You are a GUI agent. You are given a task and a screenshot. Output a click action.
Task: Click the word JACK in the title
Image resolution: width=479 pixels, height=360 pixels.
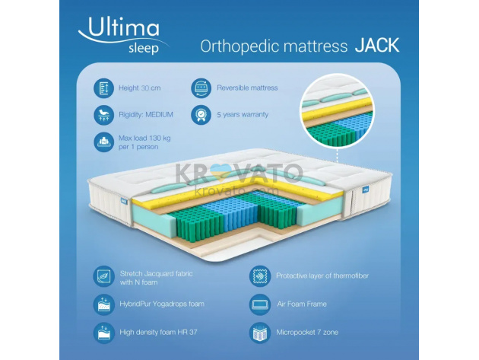tap(377, 46)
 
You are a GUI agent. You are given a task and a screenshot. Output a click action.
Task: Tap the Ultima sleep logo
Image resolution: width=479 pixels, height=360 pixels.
tap(122, 36)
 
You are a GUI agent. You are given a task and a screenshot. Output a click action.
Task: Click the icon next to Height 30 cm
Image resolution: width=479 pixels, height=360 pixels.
tap(104, 88)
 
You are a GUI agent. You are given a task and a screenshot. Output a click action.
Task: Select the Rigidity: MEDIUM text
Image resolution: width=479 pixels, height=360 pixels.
tap(146, 115)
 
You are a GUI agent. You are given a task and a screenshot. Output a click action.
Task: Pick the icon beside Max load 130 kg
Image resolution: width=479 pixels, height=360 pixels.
tap(104, 142)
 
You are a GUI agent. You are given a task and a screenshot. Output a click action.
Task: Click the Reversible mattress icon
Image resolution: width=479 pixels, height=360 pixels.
tap(201, 88)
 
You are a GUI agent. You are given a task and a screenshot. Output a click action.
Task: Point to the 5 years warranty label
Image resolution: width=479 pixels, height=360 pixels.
tap(243, 115)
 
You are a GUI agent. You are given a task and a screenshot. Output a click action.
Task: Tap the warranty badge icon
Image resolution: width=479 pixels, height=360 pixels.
tap(201, 115)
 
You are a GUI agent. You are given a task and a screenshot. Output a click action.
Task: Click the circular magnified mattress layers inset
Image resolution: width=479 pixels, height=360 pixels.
tap(338, 110)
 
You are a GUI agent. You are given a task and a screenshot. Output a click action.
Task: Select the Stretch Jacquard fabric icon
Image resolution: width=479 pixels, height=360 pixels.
tap(104, 276)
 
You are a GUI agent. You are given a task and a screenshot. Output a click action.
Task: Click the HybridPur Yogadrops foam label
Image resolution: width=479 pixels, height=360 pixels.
tap(162, 304)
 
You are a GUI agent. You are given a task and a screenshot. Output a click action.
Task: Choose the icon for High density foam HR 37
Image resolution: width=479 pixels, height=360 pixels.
tap(104, 333)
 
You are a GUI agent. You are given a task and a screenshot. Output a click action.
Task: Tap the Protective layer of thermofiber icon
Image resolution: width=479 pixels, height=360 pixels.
tap(260, 276)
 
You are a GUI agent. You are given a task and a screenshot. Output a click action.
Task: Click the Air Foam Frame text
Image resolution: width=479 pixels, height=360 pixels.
tap(302, 304)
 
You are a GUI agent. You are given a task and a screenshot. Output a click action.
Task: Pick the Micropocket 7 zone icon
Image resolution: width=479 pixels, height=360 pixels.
tap(260, 333)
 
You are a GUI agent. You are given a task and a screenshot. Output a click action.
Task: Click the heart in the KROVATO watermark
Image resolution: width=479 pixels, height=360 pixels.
tap(220, 172)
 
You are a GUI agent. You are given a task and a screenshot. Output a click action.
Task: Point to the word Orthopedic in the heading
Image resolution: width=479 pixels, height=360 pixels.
tap(239, 46)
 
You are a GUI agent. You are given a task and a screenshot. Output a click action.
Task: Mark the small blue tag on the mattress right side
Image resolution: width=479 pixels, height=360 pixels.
tap(366, 190)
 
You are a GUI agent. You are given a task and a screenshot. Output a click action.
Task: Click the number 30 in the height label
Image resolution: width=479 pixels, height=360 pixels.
tap(145, 88)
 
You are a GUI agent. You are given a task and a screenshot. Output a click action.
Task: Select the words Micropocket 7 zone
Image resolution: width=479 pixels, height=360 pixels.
tap(307, 333)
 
